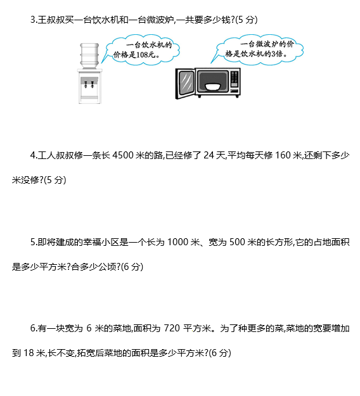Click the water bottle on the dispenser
click(x=89, y=56)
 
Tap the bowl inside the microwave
click(x=213, y=87)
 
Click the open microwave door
click(x=185, y=84)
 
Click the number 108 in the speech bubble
click(x=142, y=54)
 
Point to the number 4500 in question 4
click(x=123, y=155)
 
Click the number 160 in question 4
click(x=283, y=155)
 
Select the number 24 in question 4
click(x=209, y=155)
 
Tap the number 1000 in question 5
click(x=178, y=242)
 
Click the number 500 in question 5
click(x=237, y=242)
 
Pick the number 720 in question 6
click(x=172, y=328)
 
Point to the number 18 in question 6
click(x=29, y=353)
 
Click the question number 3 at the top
click(x=32, y=20)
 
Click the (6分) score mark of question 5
click(x=132, y=267)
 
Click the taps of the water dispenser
click(x=89, y=84)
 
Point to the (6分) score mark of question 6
click(x=220, y=353)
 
